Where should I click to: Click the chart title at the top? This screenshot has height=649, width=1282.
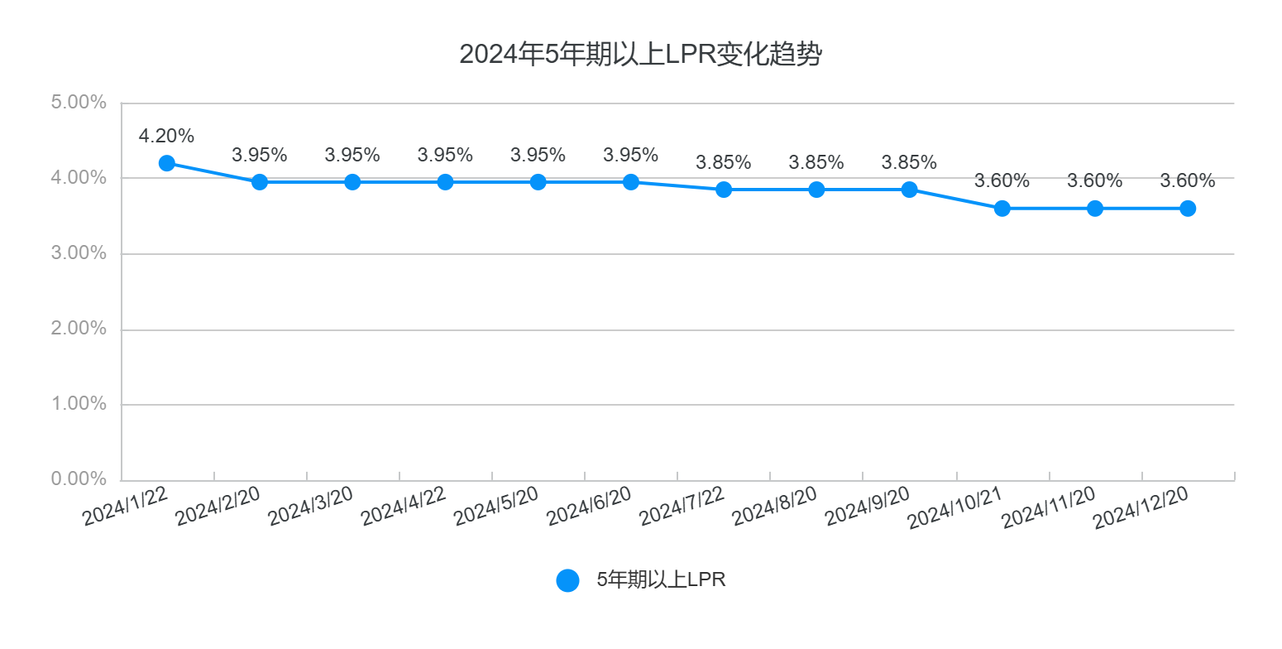[x=640, y=55]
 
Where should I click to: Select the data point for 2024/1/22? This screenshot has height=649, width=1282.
[x=167, y=163]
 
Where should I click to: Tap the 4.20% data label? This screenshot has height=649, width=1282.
[x=166, y=136]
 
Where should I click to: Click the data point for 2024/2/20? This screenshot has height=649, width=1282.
[x=260, y=182]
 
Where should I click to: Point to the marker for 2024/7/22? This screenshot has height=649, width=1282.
[x=724, y=190]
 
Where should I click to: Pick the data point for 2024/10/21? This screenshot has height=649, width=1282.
[x=1002, y=209]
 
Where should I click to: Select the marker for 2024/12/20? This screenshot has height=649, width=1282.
[x=1188, y=209]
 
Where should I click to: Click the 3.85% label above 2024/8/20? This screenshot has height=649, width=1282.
[x=816, y=163]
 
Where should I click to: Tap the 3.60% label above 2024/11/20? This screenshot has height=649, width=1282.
[x=1094, y=181]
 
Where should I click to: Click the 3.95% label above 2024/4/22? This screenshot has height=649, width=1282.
[x=445, y=156]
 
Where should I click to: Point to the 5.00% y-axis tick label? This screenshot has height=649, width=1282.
[x=79, y=103]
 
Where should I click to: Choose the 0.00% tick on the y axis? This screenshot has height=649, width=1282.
[x=79, y=479]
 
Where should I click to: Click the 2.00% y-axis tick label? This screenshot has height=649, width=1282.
[x=79, y=329]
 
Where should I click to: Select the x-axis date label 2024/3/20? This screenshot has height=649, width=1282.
[x=312, y=504]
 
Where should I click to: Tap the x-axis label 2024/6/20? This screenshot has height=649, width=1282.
[x=590, y=504]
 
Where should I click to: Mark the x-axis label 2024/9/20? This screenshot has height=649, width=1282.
[x=868, y=504]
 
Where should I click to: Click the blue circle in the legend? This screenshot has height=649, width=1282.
[x=567, y=580]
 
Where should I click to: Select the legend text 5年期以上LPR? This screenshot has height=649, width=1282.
[x=661, y=580]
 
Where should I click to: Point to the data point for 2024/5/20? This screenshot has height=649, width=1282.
[x=538, y=182]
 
